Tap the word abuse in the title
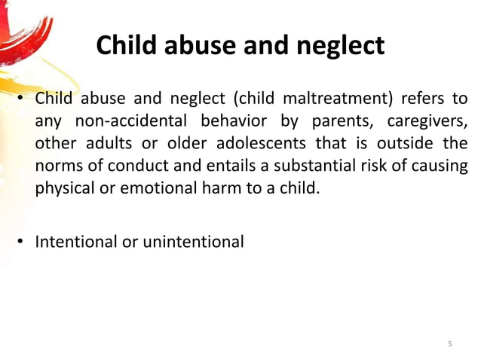point(198,46)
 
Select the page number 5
point(450,344)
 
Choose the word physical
point(63,187)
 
